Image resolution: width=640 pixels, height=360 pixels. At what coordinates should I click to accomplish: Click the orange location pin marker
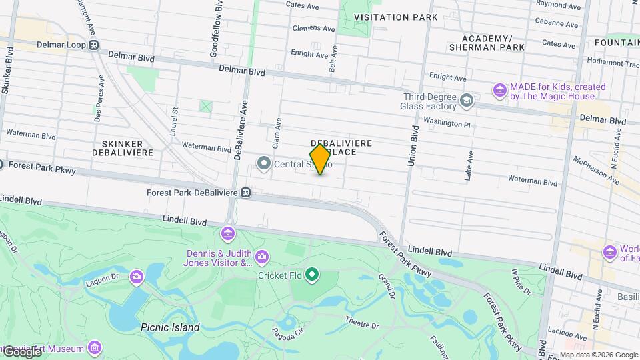[320, 159]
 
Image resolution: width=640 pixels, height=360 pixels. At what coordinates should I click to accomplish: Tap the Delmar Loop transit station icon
[93, 46]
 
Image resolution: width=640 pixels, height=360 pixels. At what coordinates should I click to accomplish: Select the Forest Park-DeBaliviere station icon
[246, 193]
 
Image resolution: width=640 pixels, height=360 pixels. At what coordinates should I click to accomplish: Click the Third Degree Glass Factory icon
[466, 101]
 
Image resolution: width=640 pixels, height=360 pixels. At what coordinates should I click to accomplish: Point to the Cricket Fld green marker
[311, 275]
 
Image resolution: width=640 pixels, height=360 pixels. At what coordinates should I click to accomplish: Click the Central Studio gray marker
[264, 163]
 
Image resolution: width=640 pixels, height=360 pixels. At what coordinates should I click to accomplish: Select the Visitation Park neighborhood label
[396, 17]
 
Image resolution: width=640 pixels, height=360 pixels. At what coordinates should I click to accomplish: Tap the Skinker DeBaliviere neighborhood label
[127, 148]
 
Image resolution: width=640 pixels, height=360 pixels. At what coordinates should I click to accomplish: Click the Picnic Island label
[170, 327]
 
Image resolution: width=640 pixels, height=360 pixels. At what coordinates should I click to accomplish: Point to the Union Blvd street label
[413, 145]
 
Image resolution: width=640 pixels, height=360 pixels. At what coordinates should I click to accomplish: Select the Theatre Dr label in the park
[362, 325]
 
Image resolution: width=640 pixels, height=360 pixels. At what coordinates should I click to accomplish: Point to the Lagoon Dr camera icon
[136, 277]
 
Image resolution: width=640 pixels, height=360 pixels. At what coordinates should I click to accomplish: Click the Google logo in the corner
[22, 351]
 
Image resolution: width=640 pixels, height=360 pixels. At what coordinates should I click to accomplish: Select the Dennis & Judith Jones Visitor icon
[262, 257]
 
